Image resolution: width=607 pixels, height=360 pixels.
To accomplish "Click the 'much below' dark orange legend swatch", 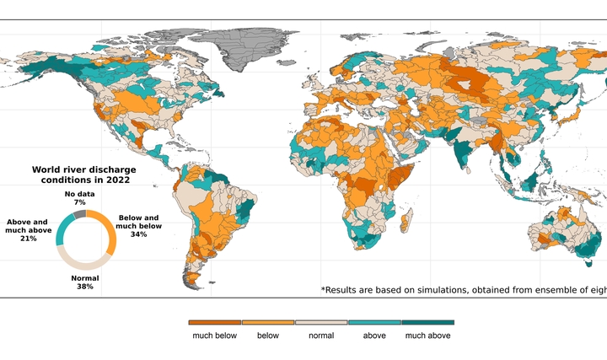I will tap(215, 322).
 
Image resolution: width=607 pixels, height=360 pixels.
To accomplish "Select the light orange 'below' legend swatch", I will tap(268, 322).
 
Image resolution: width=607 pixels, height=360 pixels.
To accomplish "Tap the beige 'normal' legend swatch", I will tap(321, 322).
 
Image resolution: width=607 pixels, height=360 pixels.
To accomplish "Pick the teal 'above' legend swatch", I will tap(374, 322).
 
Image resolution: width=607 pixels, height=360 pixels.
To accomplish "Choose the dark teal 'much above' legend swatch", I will tap(427, 322).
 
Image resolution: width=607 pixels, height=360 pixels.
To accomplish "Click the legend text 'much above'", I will tap(427, 336).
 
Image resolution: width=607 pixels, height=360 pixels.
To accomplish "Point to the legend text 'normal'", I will tap(321, 336).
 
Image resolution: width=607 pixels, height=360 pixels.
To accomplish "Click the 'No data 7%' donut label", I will tap(80, 199).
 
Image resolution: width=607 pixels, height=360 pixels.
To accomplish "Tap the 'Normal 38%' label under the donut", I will tap(84, 282).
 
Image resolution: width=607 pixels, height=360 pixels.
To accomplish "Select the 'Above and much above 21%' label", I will tap(28, 230).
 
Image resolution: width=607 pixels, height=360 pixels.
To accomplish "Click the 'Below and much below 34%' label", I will tap(138, 226).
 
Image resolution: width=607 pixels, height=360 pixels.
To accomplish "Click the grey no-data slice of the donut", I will tap(78, 214).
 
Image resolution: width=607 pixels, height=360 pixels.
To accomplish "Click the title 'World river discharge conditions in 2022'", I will tap(83, 175).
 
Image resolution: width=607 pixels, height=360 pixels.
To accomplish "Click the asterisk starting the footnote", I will tap(324, 288).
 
